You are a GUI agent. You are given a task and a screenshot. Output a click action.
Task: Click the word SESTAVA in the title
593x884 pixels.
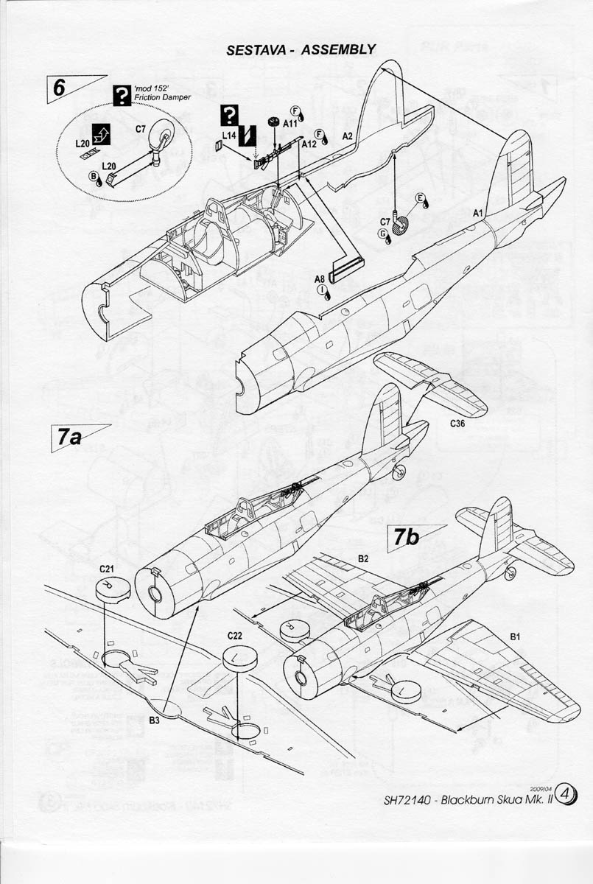254,49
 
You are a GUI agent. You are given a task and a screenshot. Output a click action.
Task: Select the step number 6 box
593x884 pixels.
61,87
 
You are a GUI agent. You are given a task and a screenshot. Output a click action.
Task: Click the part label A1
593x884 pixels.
477,212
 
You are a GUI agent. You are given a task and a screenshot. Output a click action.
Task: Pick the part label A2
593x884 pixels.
348,136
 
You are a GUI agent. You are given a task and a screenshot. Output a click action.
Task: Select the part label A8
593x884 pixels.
320,278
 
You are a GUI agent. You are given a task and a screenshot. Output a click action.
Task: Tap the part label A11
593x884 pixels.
290,124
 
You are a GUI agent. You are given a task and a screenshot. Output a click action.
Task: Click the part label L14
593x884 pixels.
228,136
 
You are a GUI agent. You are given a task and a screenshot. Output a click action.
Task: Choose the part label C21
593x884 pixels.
106,569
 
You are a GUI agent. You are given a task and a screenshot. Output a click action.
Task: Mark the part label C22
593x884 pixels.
235,635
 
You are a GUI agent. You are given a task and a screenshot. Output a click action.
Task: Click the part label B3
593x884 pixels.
154,720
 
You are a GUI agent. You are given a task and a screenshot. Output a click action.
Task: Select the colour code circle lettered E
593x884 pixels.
421,199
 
